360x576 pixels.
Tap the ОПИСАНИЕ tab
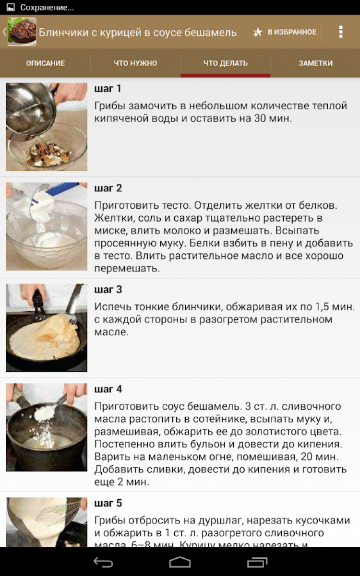pyautogui.click(x=45, y=63)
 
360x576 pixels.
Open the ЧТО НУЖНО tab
pyautogui.click(x=135, y=63)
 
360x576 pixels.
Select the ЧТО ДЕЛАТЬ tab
pyautogui.click(x=226, y=63)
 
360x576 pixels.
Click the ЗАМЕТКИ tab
pyautogui.click(x=315, y=63)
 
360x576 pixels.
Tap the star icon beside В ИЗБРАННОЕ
pyautogui.click(x=258, y=32)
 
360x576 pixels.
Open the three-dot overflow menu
pyautogui.click(x=341, y=32)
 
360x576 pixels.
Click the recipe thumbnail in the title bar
pyautogui.click(x=22, y=32)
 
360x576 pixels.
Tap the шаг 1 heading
pyautogui.click(x=108, y=89)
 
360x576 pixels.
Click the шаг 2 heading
pyautogui.click(x=108, y=188)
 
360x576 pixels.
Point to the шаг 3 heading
pyautogui.click(x=108, y=290)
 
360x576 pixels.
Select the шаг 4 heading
pyautogui.click(x=108, y=389)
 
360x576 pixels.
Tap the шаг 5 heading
pyautogui.click(x=108, y=503)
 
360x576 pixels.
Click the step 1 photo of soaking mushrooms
pyautogui.click(x=47, y=127)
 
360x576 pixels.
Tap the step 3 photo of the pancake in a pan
pyautogui.click(x=47, y=328)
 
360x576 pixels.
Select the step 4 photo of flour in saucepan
pyautogui.click(x=47, y=427)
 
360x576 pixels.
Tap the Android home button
pyautogui.click(x=180, y=562)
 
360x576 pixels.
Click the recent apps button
pyautogui.click(x=257, y=563)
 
